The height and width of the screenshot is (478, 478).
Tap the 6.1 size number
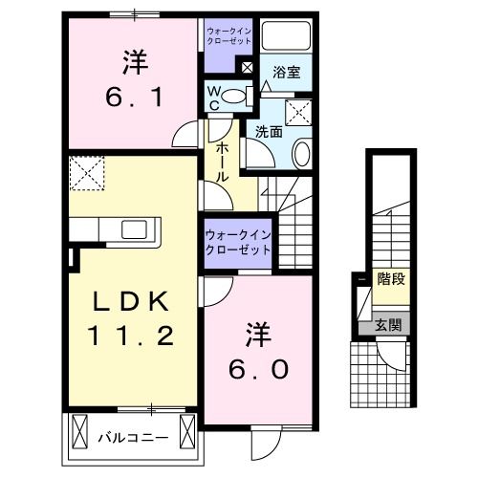[135, 97]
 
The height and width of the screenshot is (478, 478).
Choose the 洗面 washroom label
[269, 133]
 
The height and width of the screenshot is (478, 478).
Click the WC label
[216, 98]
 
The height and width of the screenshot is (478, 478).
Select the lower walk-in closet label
[237, 242]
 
